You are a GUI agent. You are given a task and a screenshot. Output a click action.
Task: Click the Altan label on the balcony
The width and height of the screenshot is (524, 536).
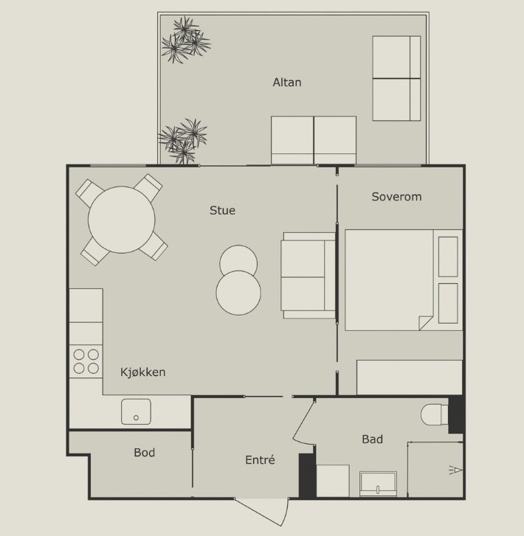click(x=287, y=83)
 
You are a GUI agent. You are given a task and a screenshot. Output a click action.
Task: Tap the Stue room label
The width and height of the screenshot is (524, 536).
click(x=222, y=210)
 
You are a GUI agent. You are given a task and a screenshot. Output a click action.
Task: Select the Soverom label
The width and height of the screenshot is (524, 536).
click(x=396, y=197)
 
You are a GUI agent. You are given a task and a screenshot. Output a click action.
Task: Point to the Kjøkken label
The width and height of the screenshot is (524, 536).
click(x=142, y=372)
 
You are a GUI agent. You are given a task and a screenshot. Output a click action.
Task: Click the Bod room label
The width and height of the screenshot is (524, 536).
click(x=144, y=453)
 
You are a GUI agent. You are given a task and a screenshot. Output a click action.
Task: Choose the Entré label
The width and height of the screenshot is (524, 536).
click(x=260, y=460)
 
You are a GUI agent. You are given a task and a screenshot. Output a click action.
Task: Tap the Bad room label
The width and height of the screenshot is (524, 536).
click(x=372, y=439)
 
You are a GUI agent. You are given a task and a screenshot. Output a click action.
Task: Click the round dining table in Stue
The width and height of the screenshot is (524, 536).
click(x=122, y=220)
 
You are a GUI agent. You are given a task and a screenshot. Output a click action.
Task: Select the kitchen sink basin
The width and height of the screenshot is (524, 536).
click(x=136, y=411)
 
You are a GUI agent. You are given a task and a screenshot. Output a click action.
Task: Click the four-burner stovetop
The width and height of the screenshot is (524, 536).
click(x=86, y=361)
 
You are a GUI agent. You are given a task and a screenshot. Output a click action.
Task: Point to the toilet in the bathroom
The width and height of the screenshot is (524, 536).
click(x=434, y=414)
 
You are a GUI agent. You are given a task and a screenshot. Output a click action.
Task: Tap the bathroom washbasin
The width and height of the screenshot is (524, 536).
click(x=378, y=484)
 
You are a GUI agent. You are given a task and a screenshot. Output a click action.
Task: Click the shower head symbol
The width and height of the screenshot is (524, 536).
click(x=455, y=470)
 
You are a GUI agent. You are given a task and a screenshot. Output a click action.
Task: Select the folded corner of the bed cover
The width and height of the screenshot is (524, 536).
click(x=426, y=323)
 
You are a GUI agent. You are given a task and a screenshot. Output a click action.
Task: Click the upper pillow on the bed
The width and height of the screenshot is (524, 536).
click(x=448, y=257)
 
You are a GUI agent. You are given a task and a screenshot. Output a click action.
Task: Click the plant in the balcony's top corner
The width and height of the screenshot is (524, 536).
click(x=186, y=40)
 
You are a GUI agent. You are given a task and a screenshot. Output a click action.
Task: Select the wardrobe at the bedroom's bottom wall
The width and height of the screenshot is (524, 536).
click(x=410, y=377)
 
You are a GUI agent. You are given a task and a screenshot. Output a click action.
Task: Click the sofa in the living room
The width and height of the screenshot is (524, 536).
click(x=308, y=276)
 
